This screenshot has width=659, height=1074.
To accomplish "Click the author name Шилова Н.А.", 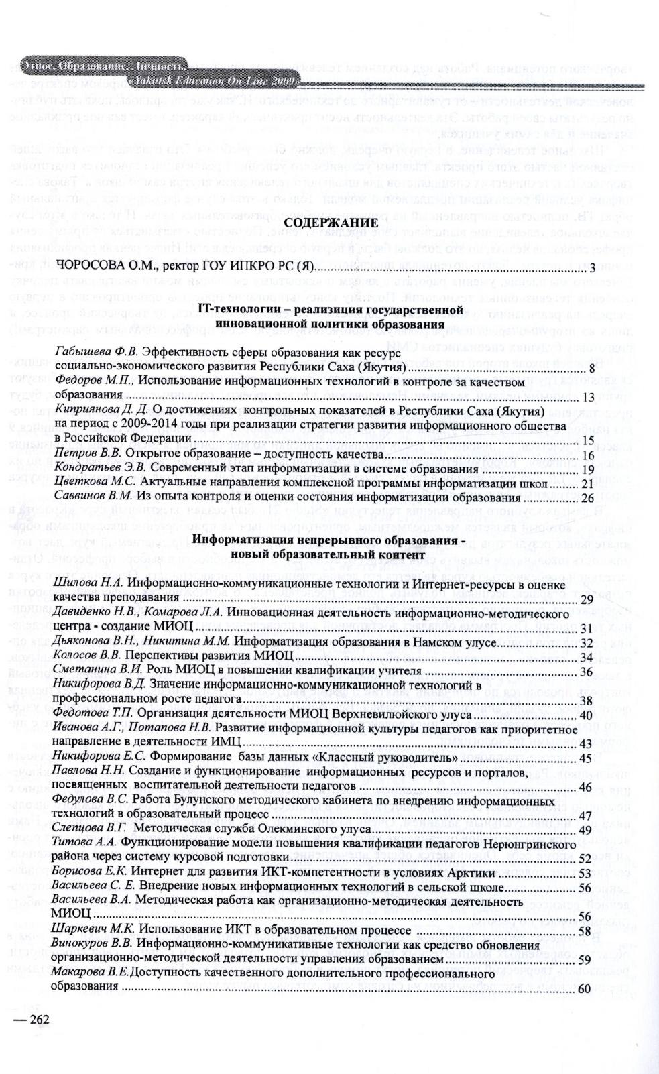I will (87, 585).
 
